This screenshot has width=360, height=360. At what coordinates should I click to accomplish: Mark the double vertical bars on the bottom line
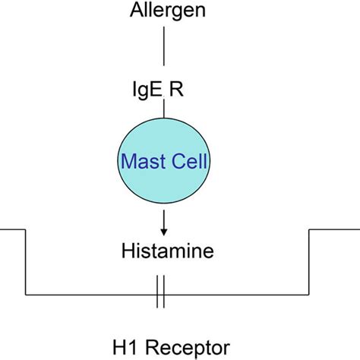160,295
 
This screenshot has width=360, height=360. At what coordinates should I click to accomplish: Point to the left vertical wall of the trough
27,262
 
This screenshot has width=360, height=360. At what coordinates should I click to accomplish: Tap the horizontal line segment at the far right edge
334,229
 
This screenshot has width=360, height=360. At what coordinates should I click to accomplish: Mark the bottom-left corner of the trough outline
27,295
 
